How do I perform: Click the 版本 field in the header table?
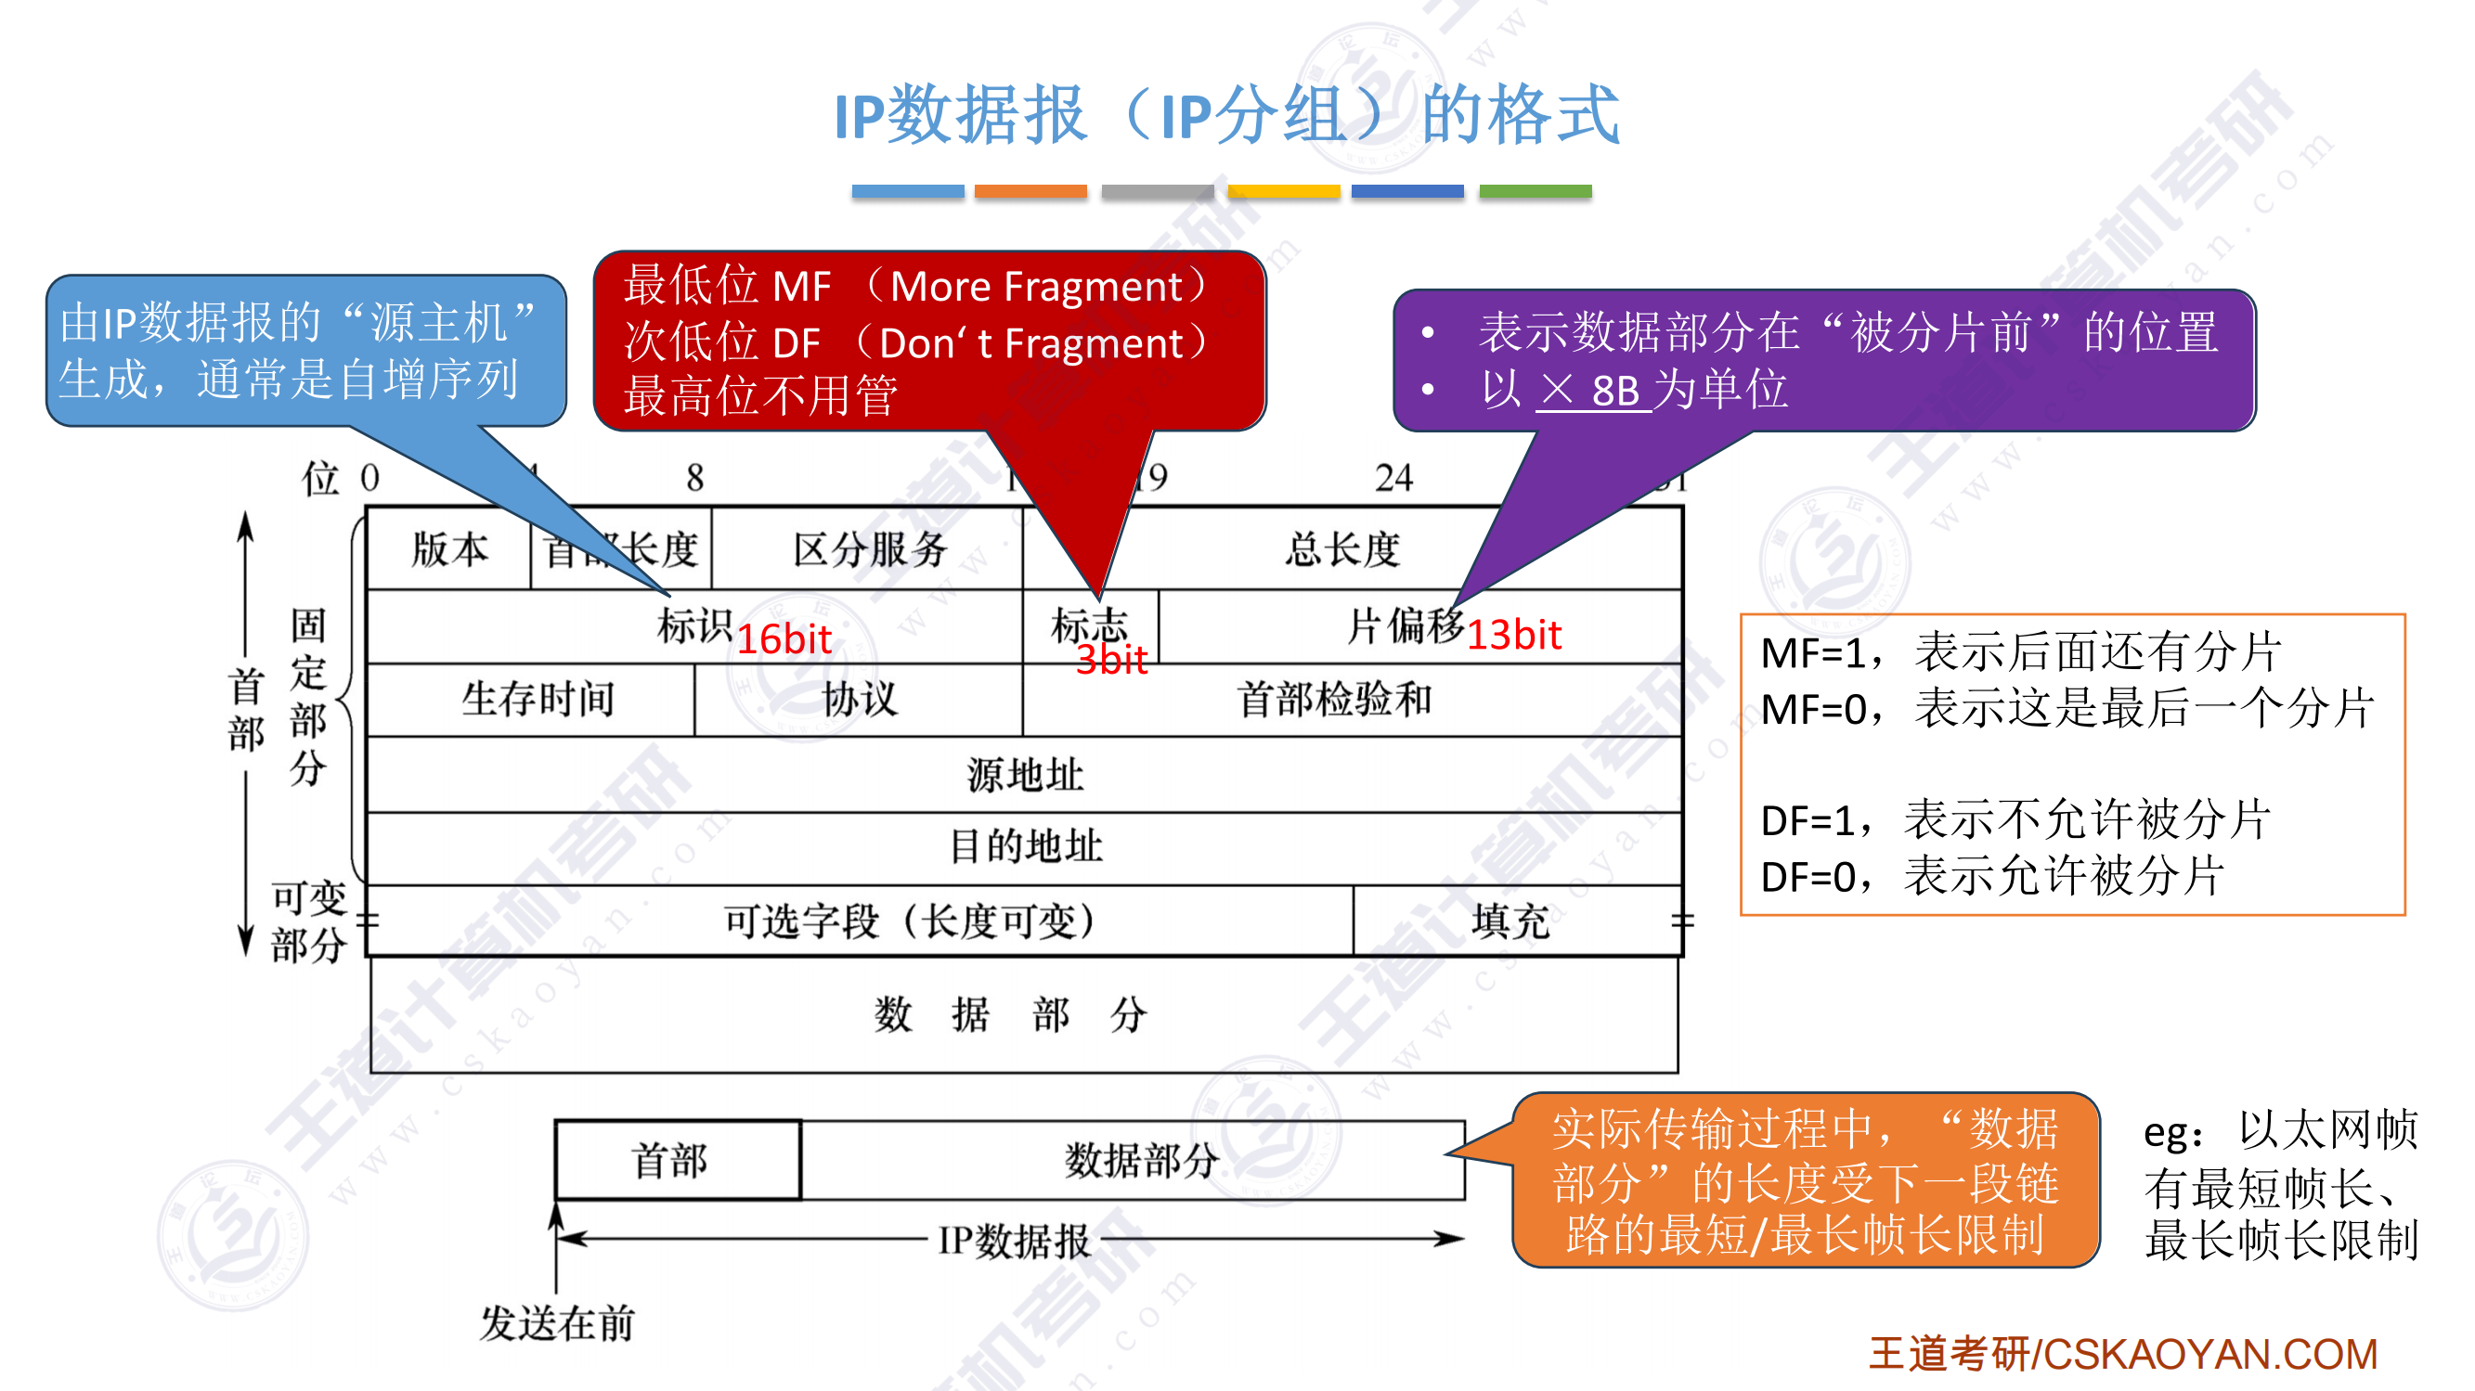pos(448,549)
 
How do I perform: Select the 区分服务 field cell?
pos(869,549)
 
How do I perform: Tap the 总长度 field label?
pos(1342,549)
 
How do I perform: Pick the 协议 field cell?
pos(859,700)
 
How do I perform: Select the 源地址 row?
pos(1024,774)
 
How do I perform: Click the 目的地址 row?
pos(1024,846)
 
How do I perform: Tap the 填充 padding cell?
pos(1510,921)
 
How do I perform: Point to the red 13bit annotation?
pos(1513,635)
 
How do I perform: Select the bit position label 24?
pos(1393,478)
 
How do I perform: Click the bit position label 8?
pos(694,478)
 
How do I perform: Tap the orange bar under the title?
pos(1030,191)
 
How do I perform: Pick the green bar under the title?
pos(1535,191)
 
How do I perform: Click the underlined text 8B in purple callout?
pos(1614,391)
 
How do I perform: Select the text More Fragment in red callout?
pos(1036,286)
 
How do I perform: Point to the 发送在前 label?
pos(557,1322)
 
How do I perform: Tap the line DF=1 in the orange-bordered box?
pos(2014,820)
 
